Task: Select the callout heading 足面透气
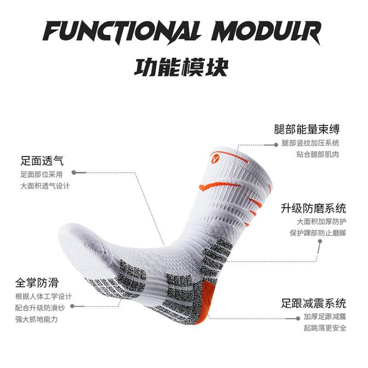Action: (x=42, y=161)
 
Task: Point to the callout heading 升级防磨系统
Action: (x=314, y=208)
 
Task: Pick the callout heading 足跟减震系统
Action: (x=314, y=303)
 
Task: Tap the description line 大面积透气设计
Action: (x=45, y=186)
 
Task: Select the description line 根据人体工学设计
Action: (x=43, y=296)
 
